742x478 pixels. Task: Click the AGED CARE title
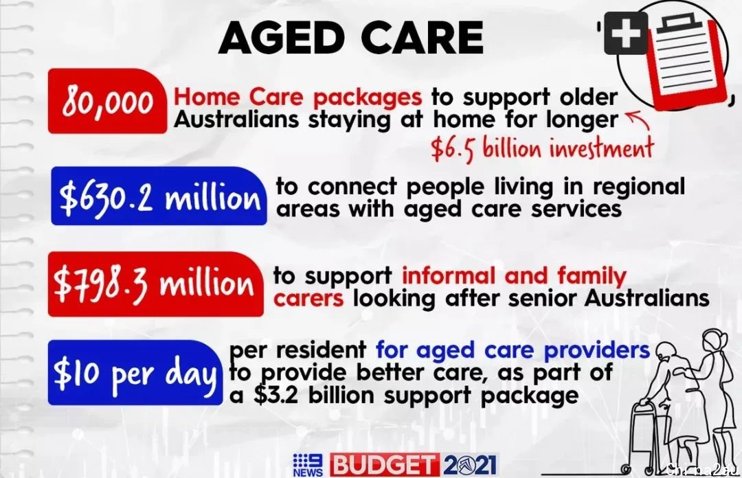click(x=350, y=37)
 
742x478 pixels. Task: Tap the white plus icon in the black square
click(x=626, y=33)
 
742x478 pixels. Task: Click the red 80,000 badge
click(x=107, y=101)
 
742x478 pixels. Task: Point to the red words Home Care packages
click(x=297, y=98)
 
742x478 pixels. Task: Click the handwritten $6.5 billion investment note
click(x=542, y=148)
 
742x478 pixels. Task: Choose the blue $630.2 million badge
click(x=159, y=196)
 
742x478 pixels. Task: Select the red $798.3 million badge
click(x=155, y=284)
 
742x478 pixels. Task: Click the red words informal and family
click(x=514, y=276)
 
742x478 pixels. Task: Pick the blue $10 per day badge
click(x=135, y=372)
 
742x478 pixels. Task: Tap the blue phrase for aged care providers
click(x=513, y=351)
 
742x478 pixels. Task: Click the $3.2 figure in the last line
click(x=276, y=395)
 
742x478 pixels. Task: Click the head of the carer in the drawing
click(x=715, y=341)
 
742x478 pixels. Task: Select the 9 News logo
click(x=308, y=465)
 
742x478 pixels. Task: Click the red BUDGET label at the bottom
click(x=384, y=465)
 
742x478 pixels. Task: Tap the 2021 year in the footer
click(x=469, y=465)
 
